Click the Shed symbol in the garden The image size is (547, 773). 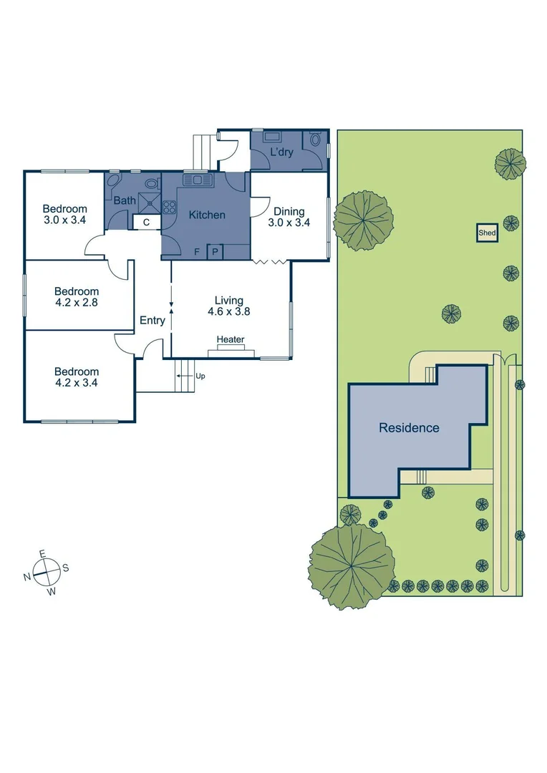tap(488, 233)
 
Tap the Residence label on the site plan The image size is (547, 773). tap(409, 428)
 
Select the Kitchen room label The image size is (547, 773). tap(207, 215)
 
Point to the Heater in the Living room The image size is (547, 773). tap(230, 340)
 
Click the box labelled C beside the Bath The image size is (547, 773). tap(146, 223)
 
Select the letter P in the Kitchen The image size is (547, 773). tap(215, 252)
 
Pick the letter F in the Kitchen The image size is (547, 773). tap(198, 252)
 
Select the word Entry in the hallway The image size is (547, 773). tap(152, 321)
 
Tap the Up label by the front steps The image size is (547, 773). tap(200, 375)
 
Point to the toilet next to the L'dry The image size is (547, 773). tap(315, 140)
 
